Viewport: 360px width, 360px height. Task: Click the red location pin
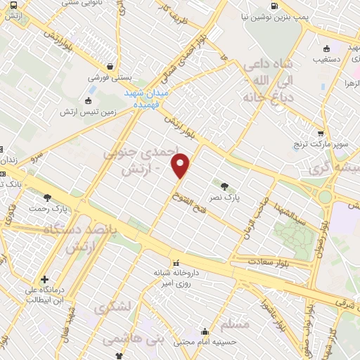coord(181,165)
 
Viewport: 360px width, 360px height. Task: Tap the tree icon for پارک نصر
coord(224,186)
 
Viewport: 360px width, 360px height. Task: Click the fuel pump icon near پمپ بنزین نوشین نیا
coord(274,7)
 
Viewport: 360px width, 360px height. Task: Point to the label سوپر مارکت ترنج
coord(321,145)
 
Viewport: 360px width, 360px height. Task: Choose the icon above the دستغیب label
coord(326,49)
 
